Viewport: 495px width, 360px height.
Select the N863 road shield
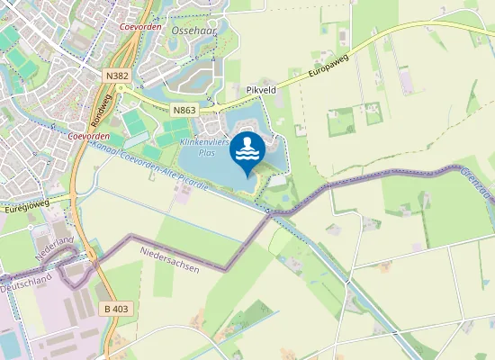[184, 109]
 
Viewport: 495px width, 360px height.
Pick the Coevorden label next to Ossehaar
[140, 26]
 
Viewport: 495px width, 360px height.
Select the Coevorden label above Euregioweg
[87, 136]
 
